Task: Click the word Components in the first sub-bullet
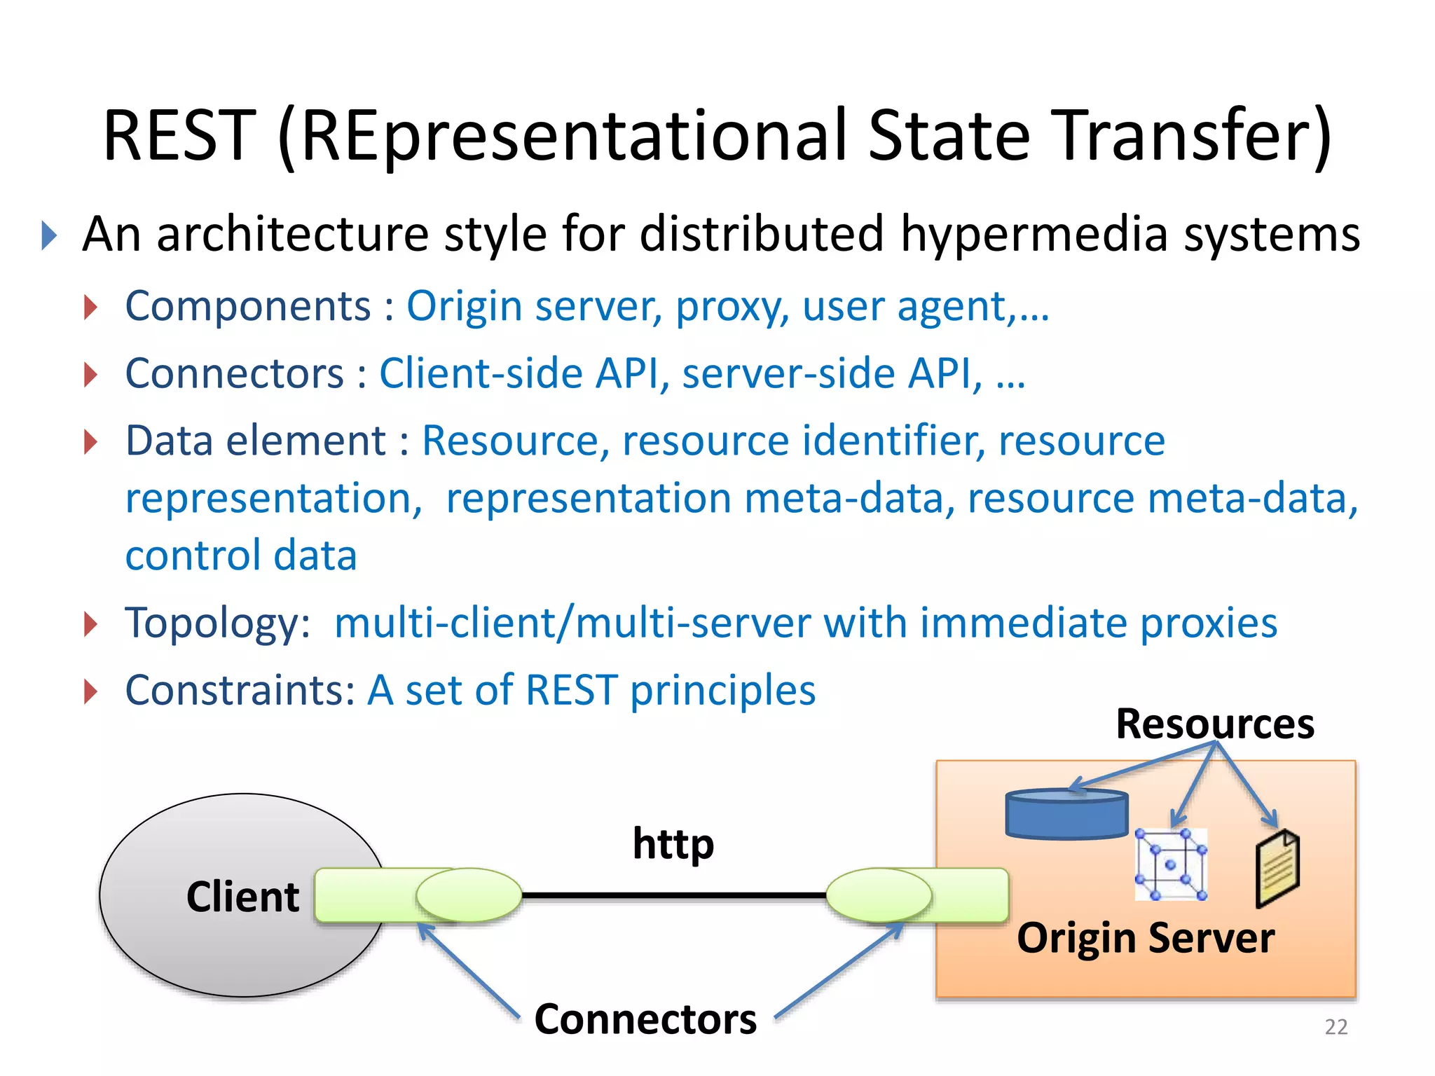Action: click(x=247, y=307)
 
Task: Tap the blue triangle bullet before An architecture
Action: click(x=48, y=235)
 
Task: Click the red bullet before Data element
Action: click(x=90, y=442)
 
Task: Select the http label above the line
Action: click(x=673, y=844)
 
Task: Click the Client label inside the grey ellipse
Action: click(x=242, y=897)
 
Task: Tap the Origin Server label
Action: click(x=1145, y=939)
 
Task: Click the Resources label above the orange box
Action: click(x=1214, y=724)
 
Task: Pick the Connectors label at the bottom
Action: click(x=645, y=1019)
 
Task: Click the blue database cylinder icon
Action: click(x=1066, y=815)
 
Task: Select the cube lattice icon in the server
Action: click(x=1170, y=864)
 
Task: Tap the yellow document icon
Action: click(x=1277, y=869)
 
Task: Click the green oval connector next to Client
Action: click(x=468, y=895)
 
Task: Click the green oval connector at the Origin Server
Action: click(x=879, y=895)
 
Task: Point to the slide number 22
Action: click(x=1336, y=1027)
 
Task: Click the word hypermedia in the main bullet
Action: click(x=1034, y=235)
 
